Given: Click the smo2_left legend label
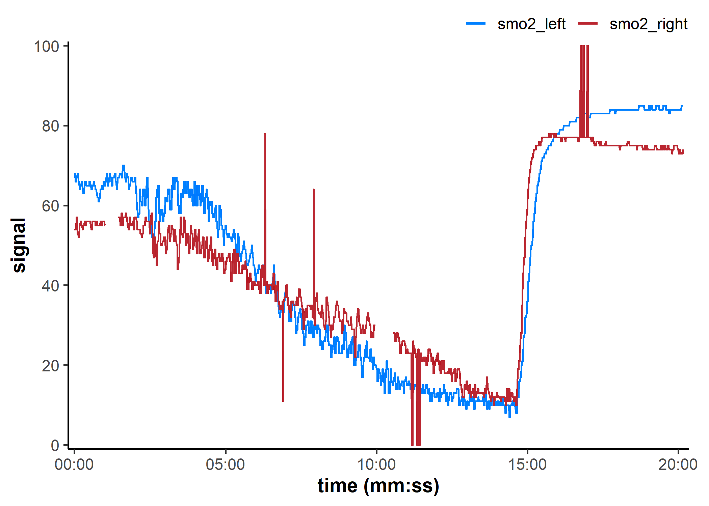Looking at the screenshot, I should pyautogui.click(x=531, y=24).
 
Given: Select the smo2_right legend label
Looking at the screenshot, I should pyautogui.click(x=648, y=24).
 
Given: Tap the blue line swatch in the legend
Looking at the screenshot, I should pyautogui.click(x=476, y=24).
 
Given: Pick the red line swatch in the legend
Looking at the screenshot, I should pyautogui.click(x=588, y=24).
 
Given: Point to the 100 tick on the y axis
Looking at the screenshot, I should pyautogui.click(x=47, y=47).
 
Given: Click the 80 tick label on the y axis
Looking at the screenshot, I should pyautogui.click(x=51, y=126).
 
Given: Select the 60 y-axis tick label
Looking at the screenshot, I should pyautogui.click(x=51, y=206).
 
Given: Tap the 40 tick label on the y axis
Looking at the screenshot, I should pyautogui.click(x=51, y=286).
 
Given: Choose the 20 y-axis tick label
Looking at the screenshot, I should pyautogui.click(x=51, y=366).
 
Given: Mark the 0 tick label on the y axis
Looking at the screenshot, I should pyautogui.click(x=55, y=445).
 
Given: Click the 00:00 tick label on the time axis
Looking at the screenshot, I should pyautogui.click(x=74, y=465).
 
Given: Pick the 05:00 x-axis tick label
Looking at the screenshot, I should pyautogui.click(x=225, y=465).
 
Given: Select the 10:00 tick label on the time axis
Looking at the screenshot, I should pyautogui.click(x=376, y=465).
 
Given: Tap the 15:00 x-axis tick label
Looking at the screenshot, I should pyautogui.click(x=527, y=465).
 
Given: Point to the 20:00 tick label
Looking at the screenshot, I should pyautogui.click(x=678, y=465).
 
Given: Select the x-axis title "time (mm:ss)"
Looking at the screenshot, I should pyautogui.click(x=378, y=486).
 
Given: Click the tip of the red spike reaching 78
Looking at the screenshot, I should pyautogui.click(x=265, y=134).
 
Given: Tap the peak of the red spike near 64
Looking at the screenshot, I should pyautogui.click(x=314, y=190).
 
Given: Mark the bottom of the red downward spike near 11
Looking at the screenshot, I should pyautogui.click(x=283, y=401).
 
